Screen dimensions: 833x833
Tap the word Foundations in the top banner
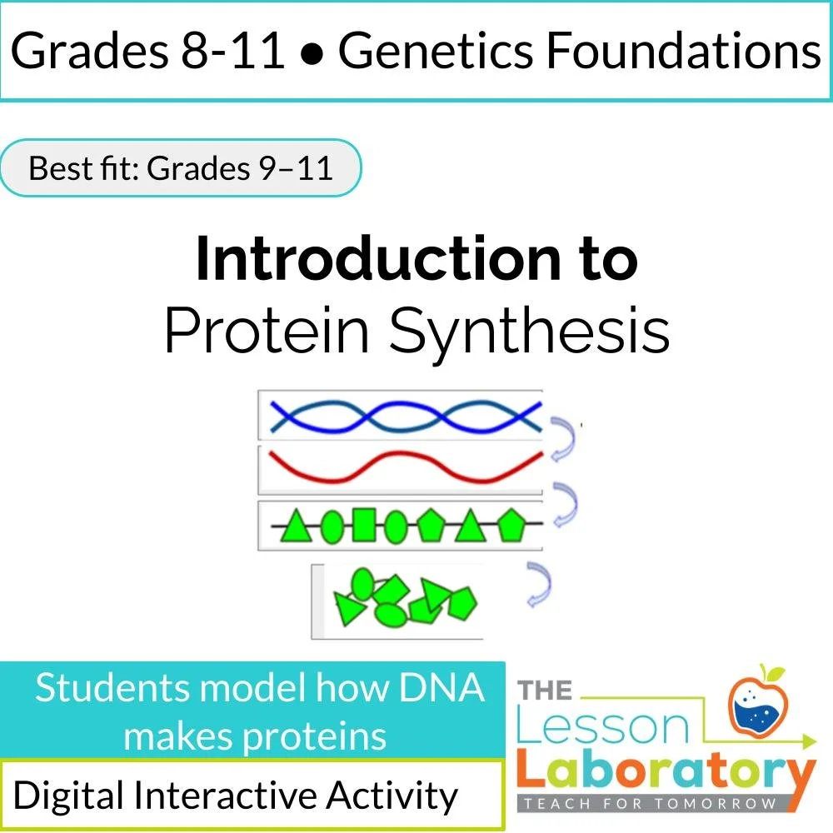pos(684,52)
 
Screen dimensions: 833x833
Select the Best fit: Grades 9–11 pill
pos(181,168)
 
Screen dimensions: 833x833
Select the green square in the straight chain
pos(363,526)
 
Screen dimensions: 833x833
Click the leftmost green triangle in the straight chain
pos(295,526)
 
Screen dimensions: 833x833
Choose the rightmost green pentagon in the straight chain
pos(509,525)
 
